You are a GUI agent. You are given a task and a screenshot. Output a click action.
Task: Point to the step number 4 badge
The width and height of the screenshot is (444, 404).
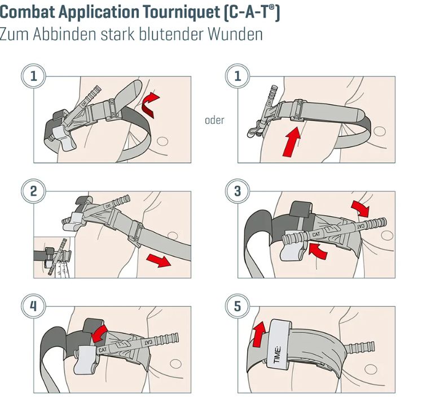click(33, 307)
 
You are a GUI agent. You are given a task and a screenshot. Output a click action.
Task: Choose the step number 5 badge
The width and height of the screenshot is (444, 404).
click(238, 307)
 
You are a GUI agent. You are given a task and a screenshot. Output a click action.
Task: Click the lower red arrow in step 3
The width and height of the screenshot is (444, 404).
click(318, 251)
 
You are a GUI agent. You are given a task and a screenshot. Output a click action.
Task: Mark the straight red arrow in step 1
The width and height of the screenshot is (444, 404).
click(291, 142)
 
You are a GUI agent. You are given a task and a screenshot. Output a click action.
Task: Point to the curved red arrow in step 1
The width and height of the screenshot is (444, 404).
click(150, 104)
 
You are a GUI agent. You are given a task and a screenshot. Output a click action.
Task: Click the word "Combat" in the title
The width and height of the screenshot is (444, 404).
click(27, 13)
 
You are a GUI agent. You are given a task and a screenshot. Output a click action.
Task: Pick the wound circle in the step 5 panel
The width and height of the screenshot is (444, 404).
click(370, 369)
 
